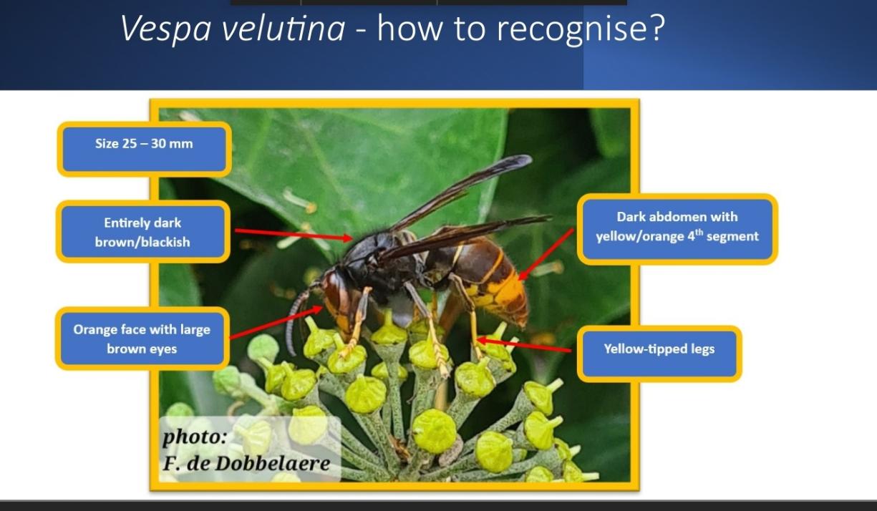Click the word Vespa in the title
pos(165,28)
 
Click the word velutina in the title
pos(283,27)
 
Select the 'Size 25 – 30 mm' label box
pos(144,149)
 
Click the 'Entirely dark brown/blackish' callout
pos(143,232)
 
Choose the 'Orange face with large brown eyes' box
pos(142,339)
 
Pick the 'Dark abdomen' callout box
pos(677,229)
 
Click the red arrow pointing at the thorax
pos(294,234)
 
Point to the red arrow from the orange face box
pos(276,322)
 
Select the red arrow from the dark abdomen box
pos(546,255)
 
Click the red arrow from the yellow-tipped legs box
pos(523,345)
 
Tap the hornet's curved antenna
pos(298,317)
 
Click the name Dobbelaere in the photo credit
pos(273,464)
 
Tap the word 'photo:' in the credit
pos(194,437)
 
